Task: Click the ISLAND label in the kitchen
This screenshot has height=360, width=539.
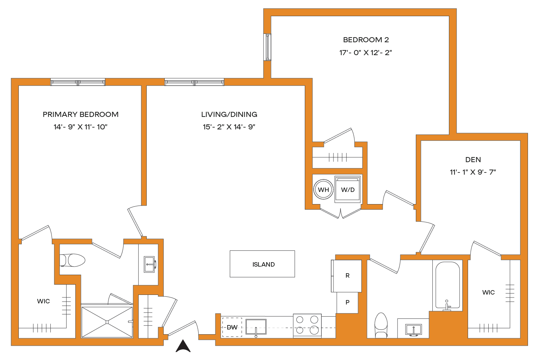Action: pos(263,264)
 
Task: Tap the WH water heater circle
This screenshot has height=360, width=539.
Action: pos(323,190)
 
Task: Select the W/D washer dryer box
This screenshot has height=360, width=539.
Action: pos(347,190)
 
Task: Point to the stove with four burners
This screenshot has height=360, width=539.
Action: pos(307,325)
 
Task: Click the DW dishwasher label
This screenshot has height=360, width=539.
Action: pos(232,327)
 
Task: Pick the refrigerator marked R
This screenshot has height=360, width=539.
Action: pos(347,276)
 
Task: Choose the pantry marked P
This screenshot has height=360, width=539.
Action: pos(347,303)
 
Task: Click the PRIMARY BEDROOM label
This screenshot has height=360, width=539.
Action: pos(81,114)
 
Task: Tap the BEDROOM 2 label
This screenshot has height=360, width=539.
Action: pos(366,40)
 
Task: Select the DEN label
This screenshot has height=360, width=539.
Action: pos(473,160)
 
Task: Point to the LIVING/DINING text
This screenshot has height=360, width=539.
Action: pos(229,114)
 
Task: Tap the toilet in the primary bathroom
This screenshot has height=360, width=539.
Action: pos(73,260)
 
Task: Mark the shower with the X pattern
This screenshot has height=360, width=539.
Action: pos(107,322)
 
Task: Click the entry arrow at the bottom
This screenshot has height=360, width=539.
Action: pos(183,346)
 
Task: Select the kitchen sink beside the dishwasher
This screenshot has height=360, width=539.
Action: pos(256,327)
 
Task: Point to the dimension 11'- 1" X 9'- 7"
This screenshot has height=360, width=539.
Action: pos(473,172)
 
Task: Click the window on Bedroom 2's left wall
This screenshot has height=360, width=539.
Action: pos(268,47)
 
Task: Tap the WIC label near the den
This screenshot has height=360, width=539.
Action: pos(488,292)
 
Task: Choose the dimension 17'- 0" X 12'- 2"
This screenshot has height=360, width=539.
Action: pos(365,53)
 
